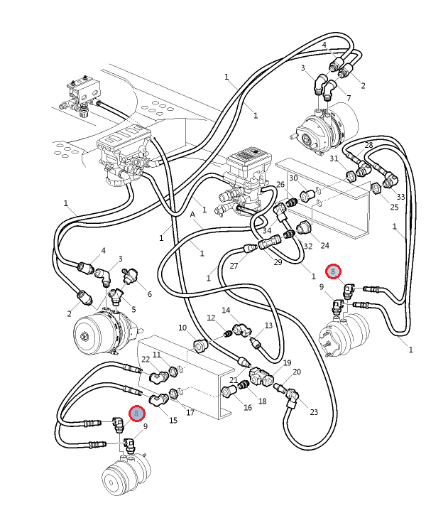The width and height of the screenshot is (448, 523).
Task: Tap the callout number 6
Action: pyautogui.click(x=149, y=294)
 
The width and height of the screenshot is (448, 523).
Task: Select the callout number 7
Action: pyautogui.click(x=349, y=97)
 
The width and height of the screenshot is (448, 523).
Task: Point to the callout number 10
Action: pyautogui.click(x=182, y=328)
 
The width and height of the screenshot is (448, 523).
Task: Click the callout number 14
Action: pyautogui.click(x=226, y=311)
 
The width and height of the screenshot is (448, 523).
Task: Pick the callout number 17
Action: pyautogui.click(x=190, y=412)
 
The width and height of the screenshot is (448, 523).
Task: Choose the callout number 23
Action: pyautogui.click(x=314, y=411)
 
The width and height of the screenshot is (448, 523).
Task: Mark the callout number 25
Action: pyautogui.click(x=395, y=207)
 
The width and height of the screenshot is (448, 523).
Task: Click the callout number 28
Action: pyautogui.click(x=368, y=145)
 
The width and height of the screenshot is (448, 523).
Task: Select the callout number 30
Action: pyautogui.click(x=293, y=178)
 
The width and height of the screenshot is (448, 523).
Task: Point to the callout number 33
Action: pyautogui.click(x=400, y=197)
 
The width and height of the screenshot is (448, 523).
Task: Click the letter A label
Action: pyautogui.click(x=192, y=214)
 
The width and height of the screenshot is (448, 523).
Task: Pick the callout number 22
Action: pyautogui.click(x=145, y=360)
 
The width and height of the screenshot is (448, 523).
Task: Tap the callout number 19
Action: pyautogui.click(x=287, y=363)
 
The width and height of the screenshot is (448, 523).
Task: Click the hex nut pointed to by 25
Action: pyautogui.click(x=378, y=189)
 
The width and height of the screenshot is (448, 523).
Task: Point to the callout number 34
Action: pyautogui.click(x=266, y=230)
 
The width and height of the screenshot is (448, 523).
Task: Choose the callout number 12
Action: pyautogui.click(x=211, y=318)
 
